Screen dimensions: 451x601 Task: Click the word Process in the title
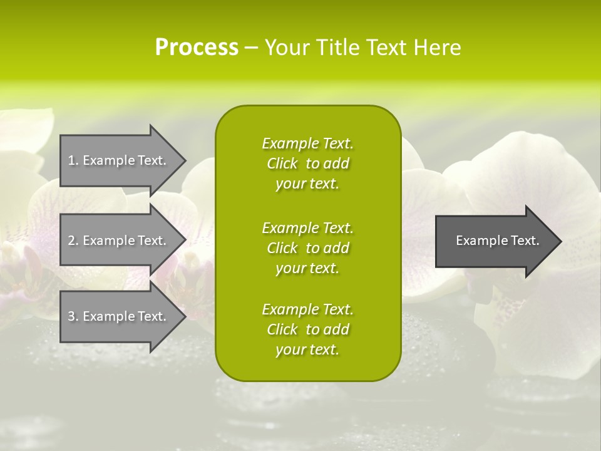[x=197, y=48]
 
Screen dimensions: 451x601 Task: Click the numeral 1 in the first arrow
[x=71, y=160]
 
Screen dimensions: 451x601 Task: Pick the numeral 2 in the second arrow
[x=71, y=241]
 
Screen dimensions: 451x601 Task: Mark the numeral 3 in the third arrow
[x=71, y=316]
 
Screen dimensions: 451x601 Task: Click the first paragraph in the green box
[x=307, y=163]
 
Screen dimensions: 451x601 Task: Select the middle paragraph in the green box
[x=307, y=248]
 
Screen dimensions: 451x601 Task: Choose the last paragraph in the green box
[x=307, y=329]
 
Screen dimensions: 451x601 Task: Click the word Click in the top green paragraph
[x=282, y=163]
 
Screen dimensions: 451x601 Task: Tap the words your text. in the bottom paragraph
[x=307, y=350]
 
